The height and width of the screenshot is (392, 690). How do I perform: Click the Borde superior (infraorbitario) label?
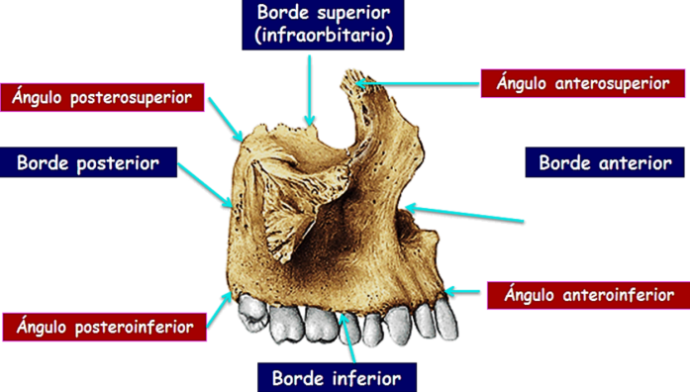coord(323,25)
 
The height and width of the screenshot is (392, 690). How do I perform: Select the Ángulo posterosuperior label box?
coord(102,97)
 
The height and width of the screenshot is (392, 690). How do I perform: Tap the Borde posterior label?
coord(88,162)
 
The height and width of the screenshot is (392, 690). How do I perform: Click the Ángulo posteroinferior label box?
coord(105,327)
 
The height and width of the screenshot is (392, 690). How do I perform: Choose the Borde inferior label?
coord(337,377)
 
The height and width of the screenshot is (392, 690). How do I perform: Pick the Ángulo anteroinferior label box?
coord(589,295)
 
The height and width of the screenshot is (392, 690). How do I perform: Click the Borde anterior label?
coord(605,162)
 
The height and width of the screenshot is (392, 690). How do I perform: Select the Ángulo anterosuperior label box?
coord(583,83)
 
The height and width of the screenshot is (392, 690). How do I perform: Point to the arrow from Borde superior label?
coord(310,91)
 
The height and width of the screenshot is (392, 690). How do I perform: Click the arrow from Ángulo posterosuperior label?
coord(226,119)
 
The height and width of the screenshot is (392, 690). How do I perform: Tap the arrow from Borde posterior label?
coord(206,185)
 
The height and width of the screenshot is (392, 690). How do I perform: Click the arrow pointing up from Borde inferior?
coord(347,338)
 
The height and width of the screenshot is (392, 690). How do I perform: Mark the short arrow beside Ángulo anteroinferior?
coord(462,291)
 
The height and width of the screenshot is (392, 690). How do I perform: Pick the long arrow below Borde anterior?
coord(464,214)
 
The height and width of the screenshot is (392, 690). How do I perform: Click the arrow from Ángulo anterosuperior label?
coord(417,83)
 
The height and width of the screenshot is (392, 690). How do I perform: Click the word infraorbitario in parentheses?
coord(324,36)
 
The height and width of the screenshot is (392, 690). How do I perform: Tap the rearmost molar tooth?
coord(252,313)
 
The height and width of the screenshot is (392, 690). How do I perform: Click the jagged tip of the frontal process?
coord(354,78)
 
